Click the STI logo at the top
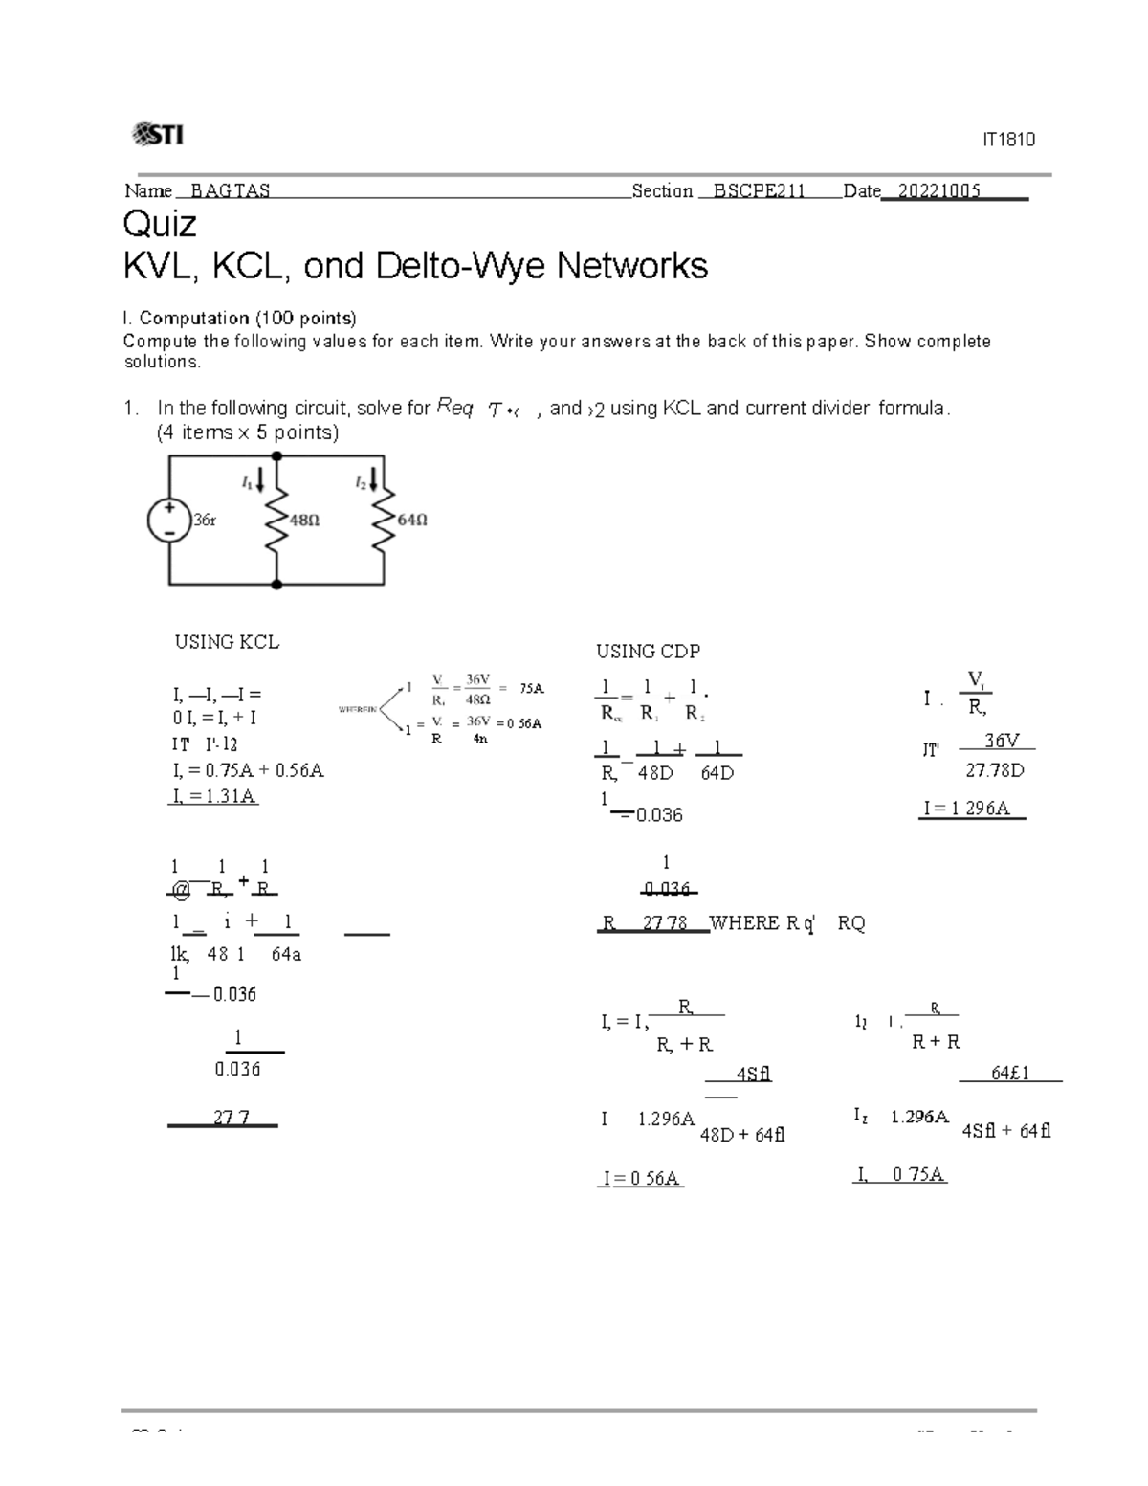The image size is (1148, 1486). [157, 135]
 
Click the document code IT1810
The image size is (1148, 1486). [1008, 140]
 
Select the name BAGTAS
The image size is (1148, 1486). [230, 190]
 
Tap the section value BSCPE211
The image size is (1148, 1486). [752, 190]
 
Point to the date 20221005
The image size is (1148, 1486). [933, 190]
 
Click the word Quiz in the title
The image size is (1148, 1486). [160, 224]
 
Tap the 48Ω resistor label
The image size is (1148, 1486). [304, 521]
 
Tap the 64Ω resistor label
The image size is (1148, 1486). [411, 521]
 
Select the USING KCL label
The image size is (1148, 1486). [227, 642]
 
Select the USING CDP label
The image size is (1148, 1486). [648, 652]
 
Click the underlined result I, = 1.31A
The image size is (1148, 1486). [212, 796]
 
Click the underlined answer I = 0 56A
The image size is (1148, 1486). [640, 1179]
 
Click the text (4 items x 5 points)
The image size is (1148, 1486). [248, 432]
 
